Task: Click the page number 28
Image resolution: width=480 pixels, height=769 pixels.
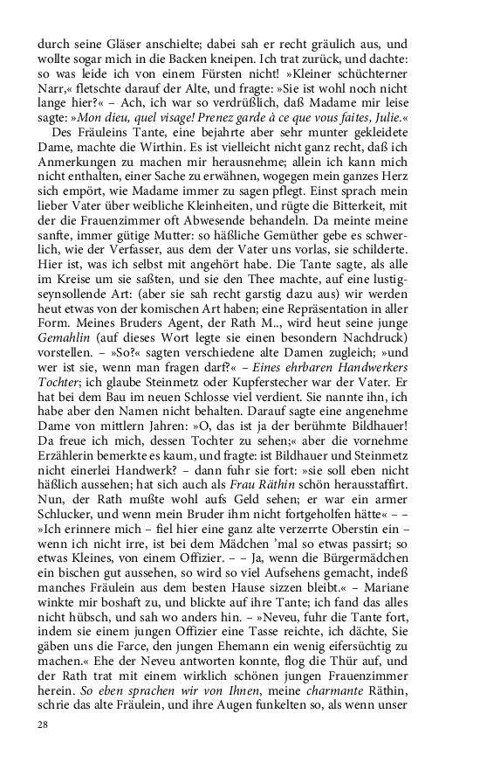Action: [x=43, y=724]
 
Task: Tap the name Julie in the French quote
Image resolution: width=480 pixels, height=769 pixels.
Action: [x=384, y=116]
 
